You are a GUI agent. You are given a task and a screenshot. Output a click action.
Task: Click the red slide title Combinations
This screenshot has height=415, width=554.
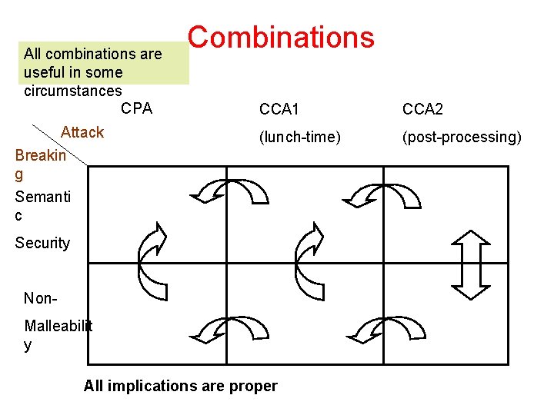(281, 37)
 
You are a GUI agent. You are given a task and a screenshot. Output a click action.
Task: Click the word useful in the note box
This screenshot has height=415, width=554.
(45, 72)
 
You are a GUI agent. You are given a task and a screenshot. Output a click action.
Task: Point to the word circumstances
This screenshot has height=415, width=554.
(72, 90)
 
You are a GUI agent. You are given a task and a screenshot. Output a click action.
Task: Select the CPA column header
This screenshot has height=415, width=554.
(137, 108)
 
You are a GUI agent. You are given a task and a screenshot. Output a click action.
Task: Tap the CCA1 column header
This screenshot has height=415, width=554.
(279, 110)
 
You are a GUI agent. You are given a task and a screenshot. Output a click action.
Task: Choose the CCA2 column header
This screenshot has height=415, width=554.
(422, 110)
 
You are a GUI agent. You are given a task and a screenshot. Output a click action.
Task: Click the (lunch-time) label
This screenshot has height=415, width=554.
(299, 137)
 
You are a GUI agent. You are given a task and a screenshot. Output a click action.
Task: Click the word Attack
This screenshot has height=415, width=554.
(82, 131)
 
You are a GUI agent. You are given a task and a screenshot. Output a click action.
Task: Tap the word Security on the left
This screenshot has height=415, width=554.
(42, 243)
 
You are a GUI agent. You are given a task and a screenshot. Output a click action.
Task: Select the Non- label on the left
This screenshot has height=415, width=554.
(39, 298)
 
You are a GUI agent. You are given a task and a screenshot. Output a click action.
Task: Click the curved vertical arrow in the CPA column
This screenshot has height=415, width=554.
(152, 261)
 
